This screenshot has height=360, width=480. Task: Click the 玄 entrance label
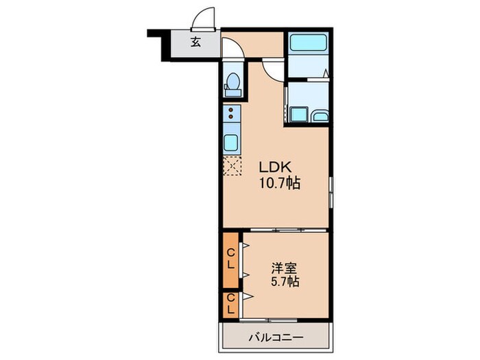196,42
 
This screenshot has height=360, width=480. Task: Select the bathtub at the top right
307,43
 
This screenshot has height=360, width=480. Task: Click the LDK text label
275,167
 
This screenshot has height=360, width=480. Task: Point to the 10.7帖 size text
279,183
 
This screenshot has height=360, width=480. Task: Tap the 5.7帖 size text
284,281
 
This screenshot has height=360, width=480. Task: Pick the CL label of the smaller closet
231,303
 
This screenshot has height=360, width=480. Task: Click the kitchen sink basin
231,143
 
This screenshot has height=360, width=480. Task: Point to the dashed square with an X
232,165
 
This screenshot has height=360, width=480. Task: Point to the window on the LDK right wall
331,191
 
